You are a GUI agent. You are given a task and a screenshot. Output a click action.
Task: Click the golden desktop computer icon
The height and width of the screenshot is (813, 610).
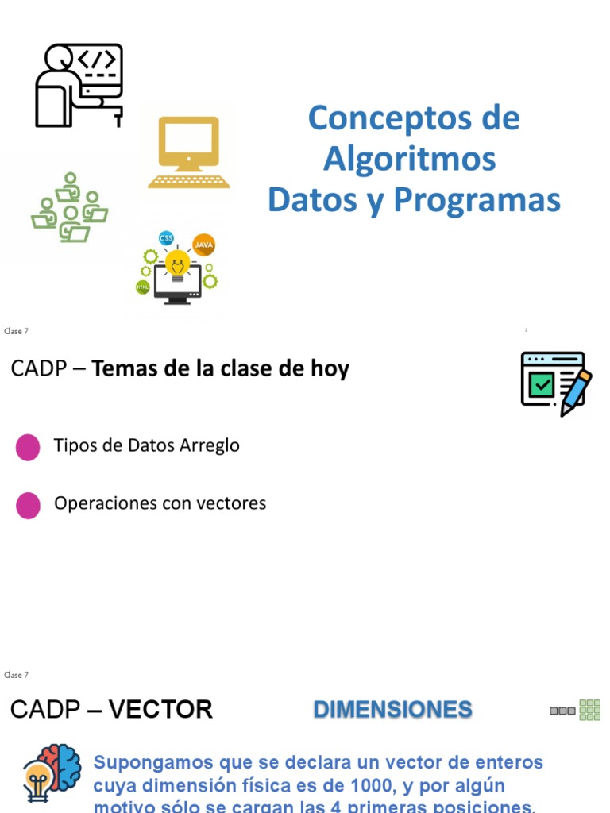(x=188, y=152)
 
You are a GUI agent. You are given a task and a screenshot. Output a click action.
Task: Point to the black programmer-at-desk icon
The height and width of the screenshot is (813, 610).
(x=79, y=86)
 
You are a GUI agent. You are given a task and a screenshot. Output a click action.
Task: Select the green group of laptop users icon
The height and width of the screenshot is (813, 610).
(x=70, y=208)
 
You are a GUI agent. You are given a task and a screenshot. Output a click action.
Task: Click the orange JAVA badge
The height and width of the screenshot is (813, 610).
(x=204, y=245)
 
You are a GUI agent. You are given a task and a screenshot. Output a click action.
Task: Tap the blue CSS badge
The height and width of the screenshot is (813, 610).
(x=166, y=237)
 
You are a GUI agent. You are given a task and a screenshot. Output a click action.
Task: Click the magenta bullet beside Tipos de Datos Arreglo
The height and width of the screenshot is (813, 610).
(x=28, y=447)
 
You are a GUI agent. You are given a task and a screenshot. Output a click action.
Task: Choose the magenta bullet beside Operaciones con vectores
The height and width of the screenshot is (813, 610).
(x=28, y=505)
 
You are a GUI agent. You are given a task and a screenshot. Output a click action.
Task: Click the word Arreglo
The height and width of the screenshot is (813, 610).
(x=210, y=446)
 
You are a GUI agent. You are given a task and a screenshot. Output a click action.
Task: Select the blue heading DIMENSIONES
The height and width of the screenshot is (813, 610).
(x=392, y=709)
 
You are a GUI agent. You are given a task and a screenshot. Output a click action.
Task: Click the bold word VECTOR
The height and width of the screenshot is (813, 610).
(x=160, y=709)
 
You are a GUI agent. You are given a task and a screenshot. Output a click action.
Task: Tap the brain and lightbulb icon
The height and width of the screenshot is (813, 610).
(x=52, y=773)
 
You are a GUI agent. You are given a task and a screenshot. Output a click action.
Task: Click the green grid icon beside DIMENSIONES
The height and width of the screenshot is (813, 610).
(x=589, y=710)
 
